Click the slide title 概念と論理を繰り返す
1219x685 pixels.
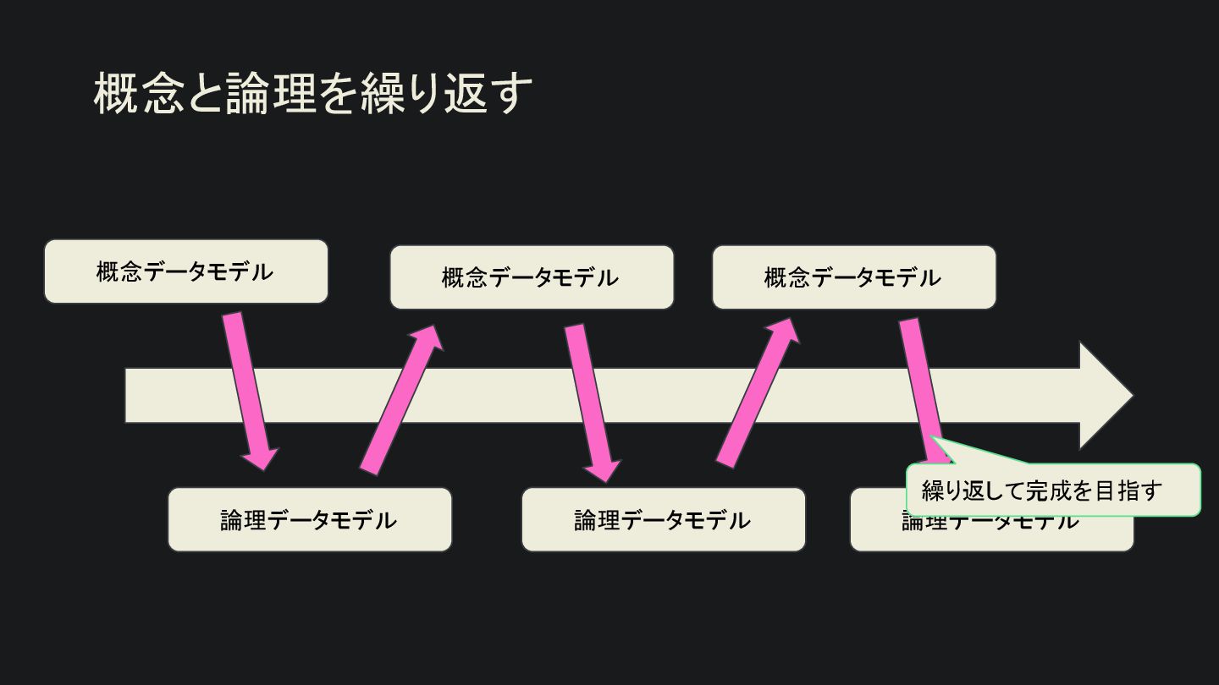[312, 93]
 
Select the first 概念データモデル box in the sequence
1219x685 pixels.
[185, 271]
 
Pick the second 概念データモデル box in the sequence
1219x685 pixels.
[532, 277]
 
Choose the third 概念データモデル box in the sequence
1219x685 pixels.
[853, 277]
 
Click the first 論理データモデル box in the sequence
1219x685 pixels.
[309, 520]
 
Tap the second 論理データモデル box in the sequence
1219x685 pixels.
[663, 520]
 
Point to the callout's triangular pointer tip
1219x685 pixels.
[933, 438]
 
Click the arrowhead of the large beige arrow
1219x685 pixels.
[1105, 395]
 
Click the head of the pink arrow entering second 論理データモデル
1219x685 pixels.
[604, 469]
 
